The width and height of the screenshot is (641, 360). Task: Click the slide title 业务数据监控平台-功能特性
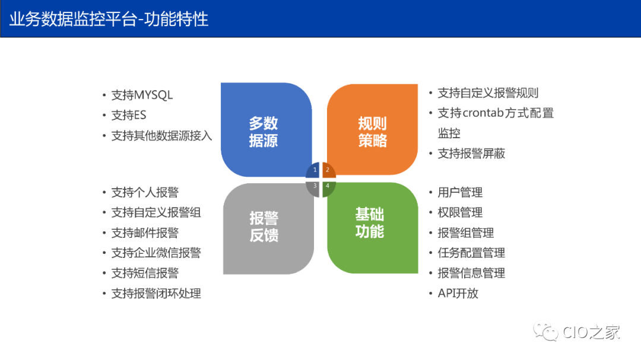pos(109,19)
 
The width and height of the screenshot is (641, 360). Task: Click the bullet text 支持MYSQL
pos(142,95)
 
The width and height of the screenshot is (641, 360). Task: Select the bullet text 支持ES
pos(129,115)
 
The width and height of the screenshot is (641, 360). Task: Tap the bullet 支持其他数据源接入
pos(161,135)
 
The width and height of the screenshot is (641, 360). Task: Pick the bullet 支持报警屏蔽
pos(471,153)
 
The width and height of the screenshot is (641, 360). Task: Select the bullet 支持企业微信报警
pos(156,253)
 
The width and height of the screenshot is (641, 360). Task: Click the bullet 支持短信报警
pos(145,273)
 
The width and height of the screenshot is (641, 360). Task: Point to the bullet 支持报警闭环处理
pos(156,293)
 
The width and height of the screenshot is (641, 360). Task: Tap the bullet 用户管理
pos(460,192)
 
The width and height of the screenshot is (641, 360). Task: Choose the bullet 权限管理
pos(460,212)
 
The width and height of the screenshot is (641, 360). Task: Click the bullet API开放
pos(458,293)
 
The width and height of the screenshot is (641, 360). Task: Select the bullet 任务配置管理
pos(471,253)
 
